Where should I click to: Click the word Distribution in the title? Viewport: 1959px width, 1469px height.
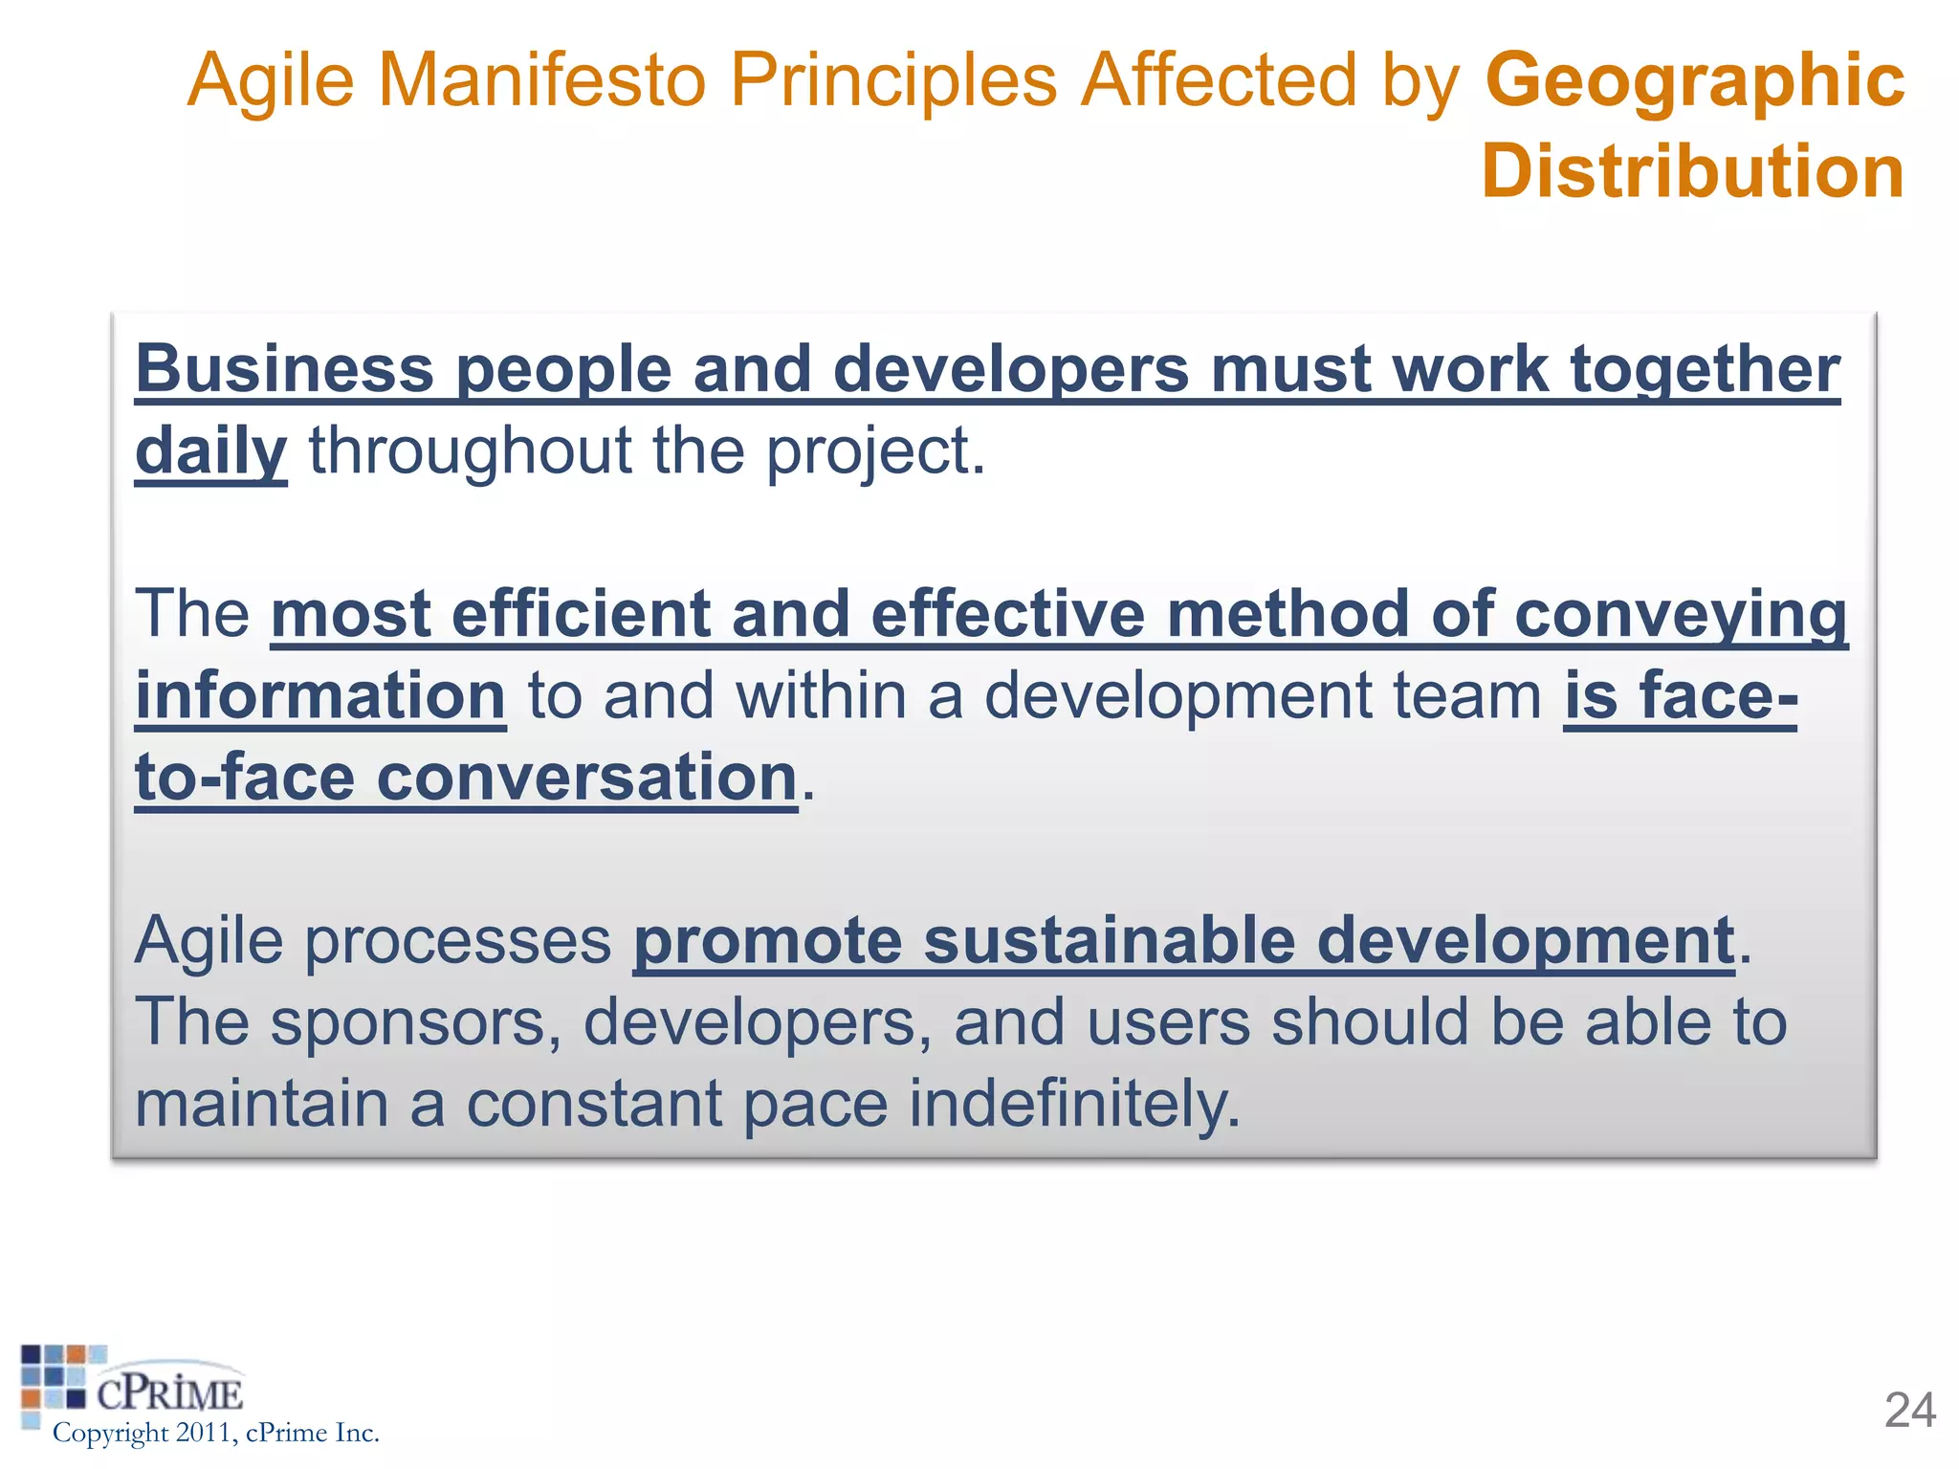tap(1692, 171)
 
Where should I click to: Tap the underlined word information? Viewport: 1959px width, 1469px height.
tap(319, 695)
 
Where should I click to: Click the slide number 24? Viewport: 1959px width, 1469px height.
tap(1909, 1411)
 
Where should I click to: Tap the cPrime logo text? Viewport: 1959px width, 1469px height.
tap(169, 1393)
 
